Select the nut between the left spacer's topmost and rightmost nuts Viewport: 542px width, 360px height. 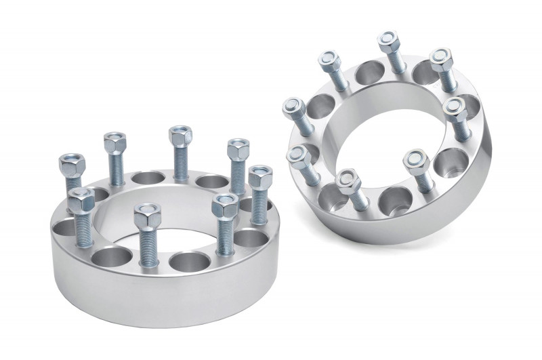(236, 147)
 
